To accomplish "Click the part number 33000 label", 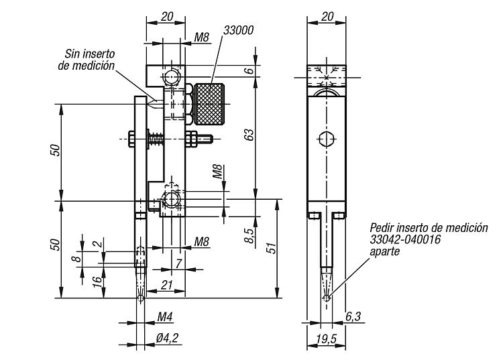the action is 238,30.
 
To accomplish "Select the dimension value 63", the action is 249,135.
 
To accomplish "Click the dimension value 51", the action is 272,248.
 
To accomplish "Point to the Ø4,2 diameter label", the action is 167,338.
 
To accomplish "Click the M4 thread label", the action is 165,317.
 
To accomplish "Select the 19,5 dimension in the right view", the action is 326,339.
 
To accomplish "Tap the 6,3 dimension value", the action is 353,316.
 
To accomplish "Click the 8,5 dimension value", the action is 250,235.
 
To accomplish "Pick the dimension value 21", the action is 167,284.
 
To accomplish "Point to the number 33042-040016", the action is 405,239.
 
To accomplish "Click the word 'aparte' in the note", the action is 385,251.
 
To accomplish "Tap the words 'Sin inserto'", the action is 89,54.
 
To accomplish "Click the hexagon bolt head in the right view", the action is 327,139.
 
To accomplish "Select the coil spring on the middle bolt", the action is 156,139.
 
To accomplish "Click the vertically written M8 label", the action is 217,172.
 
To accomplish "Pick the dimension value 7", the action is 178,263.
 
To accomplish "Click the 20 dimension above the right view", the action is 327,16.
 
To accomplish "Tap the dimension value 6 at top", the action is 251,70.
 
